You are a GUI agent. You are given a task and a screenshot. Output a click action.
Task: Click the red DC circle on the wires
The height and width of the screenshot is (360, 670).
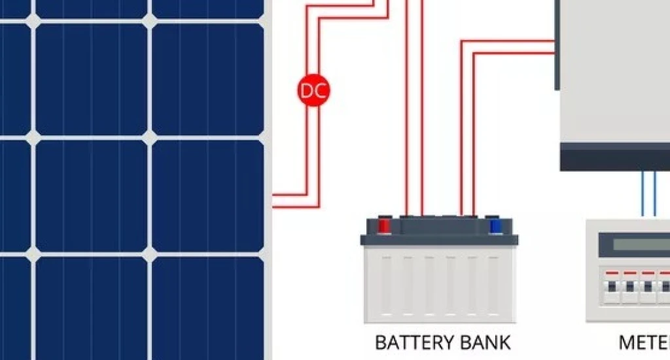(313, 91)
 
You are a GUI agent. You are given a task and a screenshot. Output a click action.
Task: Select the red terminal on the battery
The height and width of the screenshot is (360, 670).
(384, 226)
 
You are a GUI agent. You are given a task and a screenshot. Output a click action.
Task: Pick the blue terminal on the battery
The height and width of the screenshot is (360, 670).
(496, 226)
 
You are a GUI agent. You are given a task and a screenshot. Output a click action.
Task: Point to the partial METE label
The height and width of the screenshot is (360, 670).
(644, 342)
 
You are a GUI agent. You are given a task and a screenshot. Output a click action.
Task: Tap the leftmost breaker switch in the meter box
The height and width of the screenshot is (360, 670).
(612, 288)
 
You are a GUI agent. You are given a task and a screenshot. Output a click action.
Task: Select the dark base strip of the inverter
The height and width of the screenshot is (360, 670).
(615, 159)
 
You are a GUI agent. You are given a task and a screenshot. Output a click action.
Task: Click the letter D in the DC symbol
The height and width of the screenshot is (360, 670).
(308, 91)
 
